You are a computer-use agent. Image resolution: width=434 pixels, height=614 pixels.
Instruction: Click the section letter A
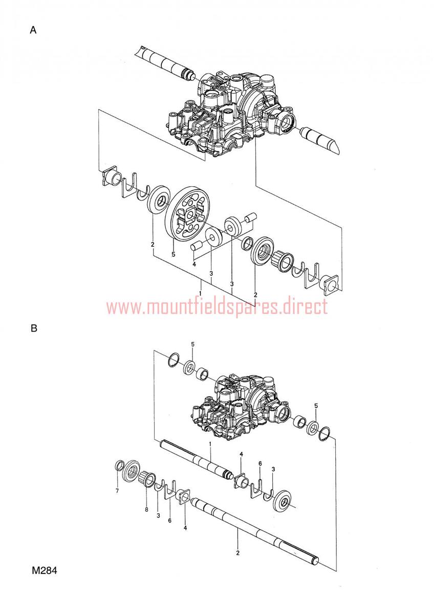click(x=33, y=30)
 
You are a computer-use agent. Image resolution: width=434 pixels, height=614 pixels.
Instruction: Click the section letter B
click(x=34, y=328)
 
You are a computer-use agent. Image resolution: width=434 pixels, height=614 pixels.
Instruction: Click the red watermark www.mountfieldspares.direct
click(x=217, y=306)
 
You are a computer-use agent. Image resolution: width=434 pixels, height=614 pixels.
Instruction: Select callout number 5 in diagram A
click(x=173, y=254)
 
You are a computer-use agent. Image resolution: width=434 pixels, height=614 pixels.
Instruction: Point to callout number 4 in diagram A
click(x=194, y=265)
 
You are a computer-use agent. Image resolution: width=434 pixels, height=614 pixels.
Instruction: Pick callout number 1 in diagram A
click(x=201, y=293)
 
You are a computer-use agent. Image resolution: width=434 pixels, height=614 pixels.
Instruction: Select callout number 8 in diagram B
click(x=146, y=509)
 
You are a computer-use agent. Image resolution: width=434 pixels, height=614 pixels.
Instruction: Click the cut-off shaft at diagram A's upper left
click(x=167, y=62)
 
